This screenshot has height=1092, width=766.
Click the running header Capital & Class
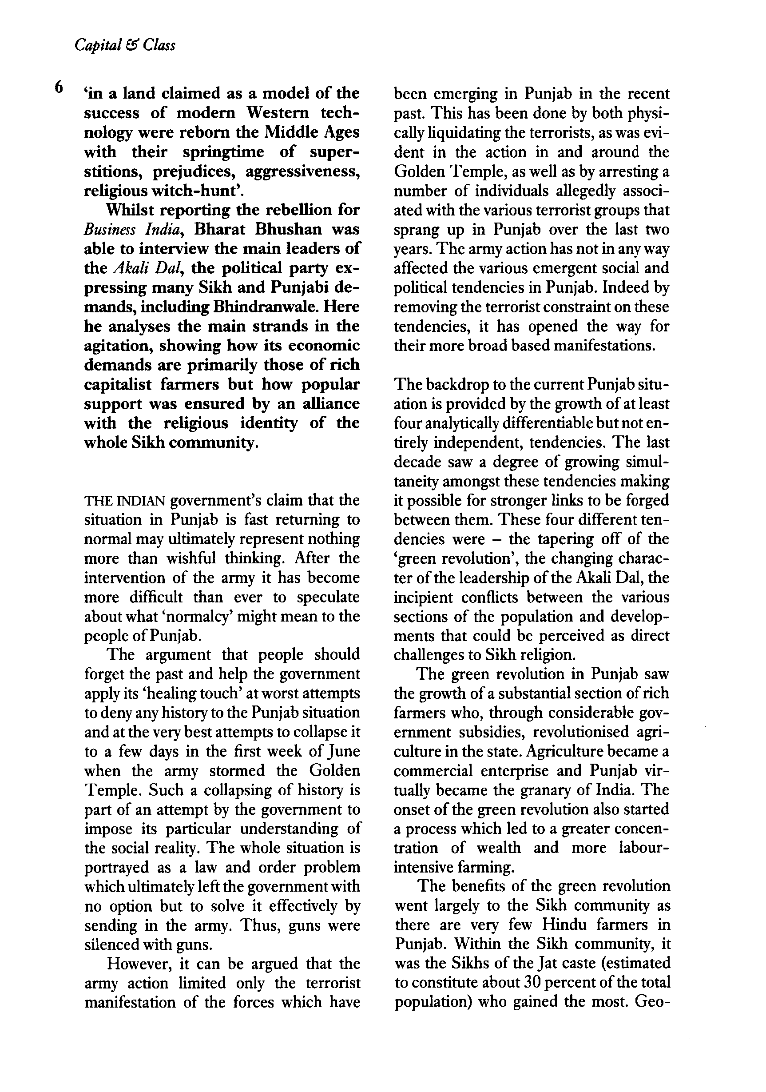pos(125,45)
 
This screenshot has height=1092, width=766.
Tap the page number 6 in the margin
pos(59,87)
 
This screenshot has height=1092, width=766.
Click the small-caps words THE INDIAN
pos(125,501)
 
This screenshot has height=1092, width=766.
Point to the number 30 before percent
pos(534,983)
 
